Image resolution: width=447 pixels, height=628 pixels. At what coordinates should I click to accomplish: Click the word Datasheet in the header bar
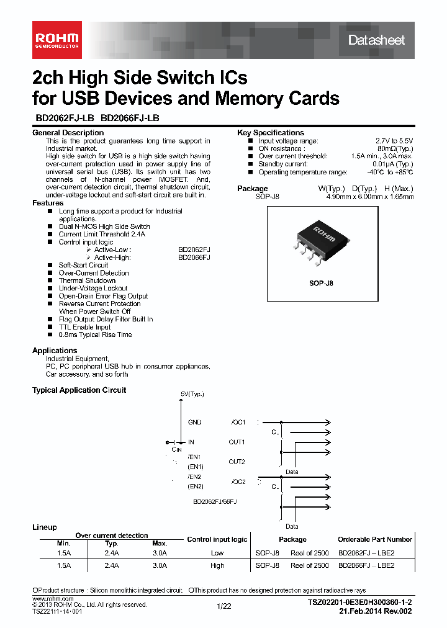click(x=376, y=40)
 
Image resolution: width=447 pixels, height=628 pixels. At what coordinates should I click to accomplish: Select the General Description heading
click(x=68, y=133)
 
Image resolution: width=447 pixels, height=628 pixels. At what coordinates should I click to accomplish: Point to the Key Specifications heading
click(x=271, y=133)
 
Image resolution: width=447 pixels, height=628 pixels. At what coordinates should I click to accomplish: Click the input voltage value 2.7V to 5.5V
click(x=394, y=141)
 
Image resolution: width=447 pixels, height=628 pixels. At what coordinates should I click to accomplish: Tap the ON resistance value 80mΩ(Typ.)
click(x=394, y=149)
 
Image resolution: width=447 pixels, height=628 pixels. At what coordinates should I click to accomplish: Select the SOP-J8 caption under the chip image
click(x=321, y=283)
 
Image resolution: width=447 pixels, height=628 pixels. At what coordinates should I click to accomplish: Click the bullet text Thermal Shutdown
click(x=87, y=280)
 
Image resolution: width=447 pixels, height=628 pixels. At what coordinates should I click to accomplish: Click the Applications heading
click(x=55, y=351)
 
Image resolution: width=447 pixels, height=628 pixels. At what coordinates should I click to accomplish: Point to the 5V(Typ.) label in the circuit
click(x=192, y=394)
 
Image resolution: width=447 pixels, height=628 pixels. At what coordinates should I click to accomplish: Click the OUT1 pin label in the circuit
click(x=237, y=442)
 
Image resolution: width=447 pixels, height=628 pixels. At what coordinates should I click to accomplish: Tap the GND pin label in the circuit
click(x=194, y=422)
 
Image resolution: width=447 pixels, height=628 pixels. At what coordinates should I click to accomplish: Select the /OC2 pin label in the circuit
click(x=238, y=482)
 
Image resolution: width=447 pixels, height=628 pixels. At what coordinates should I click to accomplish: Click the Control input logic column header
click(x=217, y=539)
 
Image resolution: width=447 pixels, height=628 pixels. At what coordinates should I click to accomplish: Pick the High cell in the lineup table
click(x=217, y=565)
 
